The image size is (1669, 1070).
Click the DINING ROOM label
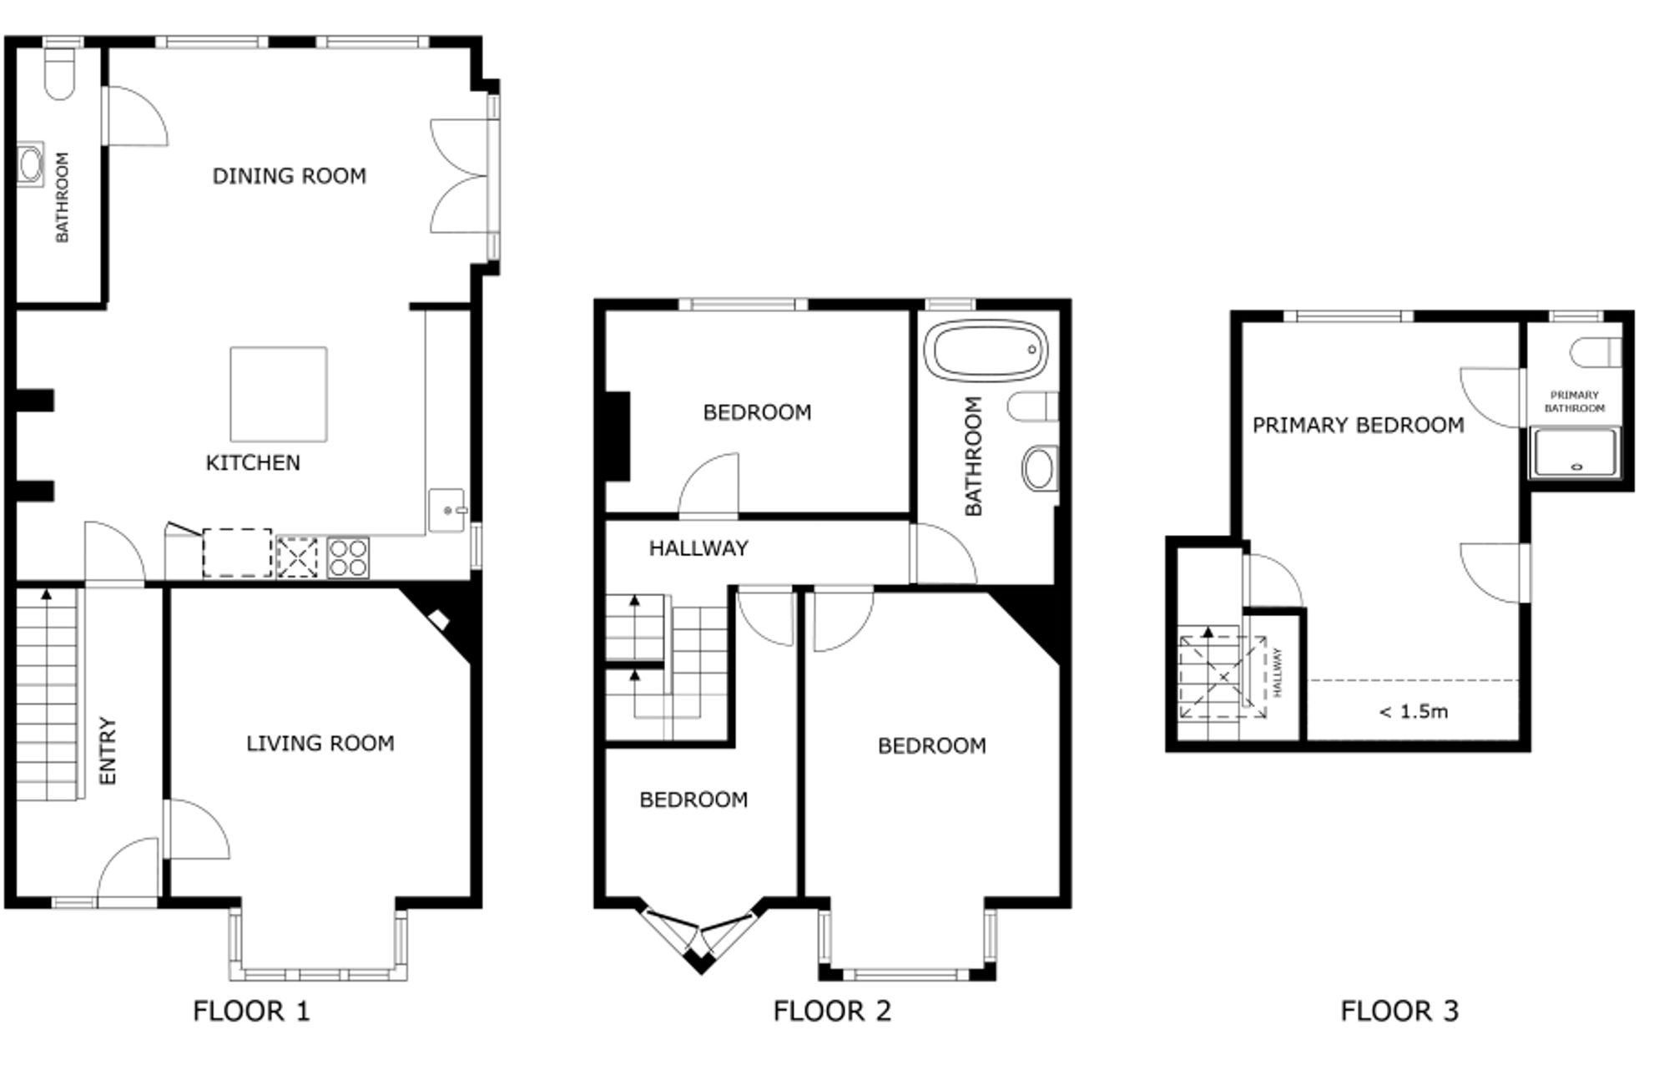coord(289,176)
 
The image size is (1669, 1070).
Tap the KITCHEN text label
coord(253,462)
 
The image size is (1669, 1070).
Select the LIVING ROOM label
coord(320,743)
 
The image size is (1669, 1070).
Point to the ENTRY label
coord(108,750)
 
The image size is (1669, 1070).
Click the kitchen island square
coord(279,394)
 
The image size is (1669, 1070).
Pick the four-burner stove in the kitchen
coord(348,558)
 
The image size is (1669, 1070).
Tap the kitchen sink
coord(447,510)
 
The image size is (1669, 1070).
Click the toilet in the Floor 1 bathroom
coord(60,73)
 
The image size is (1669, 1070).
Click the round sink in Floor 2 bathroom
coord(1040,468)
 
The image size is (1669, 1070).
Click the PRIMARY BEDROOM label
coord(1359,426)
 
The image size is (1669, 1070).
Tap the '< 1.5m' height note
coord(1414,712)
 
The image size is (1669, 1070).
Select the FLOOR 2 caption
coord(832,1012)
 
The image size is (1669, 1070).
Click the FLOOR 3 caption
coord(1399,1012)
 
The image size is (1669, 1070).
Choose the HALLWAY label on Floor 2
coord(698,548)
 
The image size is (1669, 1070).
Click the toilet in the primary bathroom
coord(1596,352)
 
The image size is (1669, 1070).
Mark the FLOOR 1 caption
coord(251,1012)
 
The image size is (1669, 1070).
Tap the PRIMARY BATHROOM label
coord(1575,401)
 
